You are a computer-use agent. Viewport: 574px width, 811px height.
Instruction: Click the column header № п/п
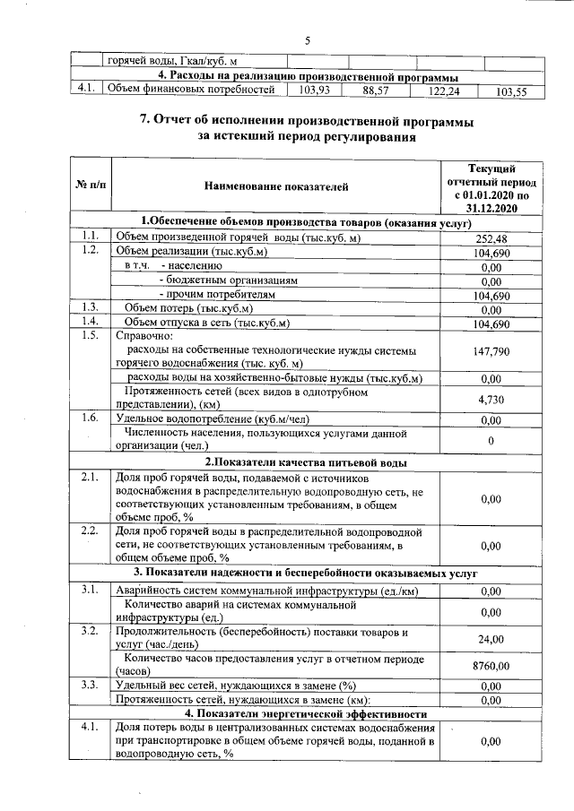[x=91, y=185]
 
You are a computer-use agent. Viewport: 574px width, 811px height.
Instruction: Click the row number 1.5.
[x=89, y=336]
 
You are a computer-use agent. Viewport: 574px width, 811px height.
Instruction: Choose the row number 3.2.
[x=89, y=632]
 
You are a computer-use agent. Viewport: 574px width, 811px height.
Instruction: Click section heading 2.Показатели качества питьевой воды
[x=305, y=462]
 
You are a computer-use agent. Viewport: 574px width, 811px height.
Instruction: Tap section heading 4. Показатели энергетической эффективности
[x=305, y=713]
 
